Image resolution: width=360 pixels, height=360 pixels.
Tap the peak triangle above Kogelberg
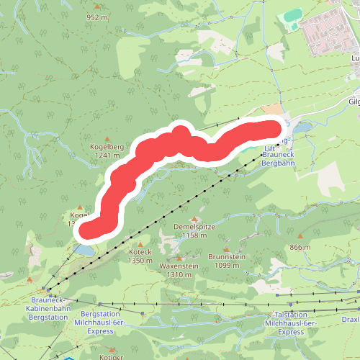(109, 138)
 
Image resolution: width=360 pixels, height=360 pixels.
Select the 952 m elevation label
(96, 17)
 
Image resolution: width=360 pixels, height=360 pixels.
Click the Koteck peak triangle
(140, 244)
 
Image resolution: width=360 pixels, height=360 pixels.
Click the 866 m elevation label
(299, 247)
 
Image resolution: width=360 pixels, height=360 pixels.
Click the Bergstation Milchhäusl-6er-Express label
(104, 323)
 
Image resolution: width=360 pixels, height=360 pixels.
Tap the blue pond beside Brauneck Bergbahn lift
(302, 128)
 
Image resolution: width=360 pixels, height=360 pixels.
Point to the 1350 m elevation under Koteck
(140, 261)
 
